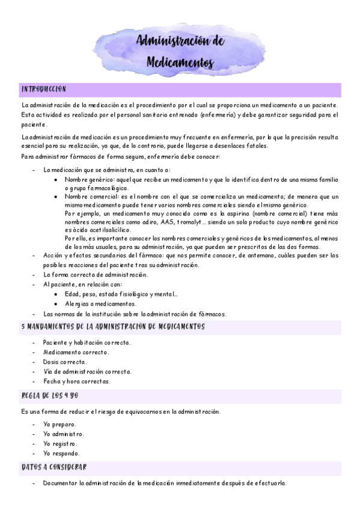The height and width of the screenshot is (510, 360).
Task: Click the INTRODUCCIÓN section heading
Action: pyautogui.click(x=43, y=88)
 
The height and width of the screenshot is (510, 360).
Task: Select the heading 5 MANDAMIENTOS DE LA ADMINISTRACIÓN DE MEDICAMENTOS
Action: pyautogui.click(x=112, y=327)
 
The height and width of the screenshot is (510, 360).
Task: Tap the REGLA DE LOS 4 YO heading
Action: pyautogui.click(x=50, y=396)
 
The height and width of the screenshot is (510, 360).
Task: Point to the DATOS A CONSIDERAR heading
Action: pyautogui.click(x=54, y=467)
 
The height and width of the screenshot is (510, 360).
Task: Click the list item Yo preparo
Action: pyautogui.click(x=59, y=424)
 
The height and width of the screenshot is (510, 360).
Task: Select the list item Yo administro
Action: pyautogui.click(x=63, y=434)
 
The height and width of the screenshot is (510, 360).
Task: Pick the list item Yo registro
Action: pyautogui.click(x=61, y=443)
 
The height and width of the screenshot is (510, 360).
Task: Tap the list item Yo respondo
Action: pyautogui.click(x=61, y=453)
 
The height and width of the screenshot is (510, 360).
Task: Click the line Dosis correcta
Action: pyautogui.click(x=65, y=361)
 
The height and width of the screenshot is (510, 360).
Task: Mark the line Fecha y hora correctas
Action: pyautogui.click(x=77, y=381)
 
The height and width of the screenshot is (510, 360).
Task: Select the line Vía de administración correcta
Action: pyautogui.click(x=87, y=371)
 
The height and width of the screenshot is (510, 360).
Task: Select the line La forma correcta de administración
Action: pyautogui.click(x=96, y=275)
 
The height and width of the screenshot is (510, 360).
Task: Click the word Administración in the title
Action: pyautogui.click(x=180, y=41)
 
